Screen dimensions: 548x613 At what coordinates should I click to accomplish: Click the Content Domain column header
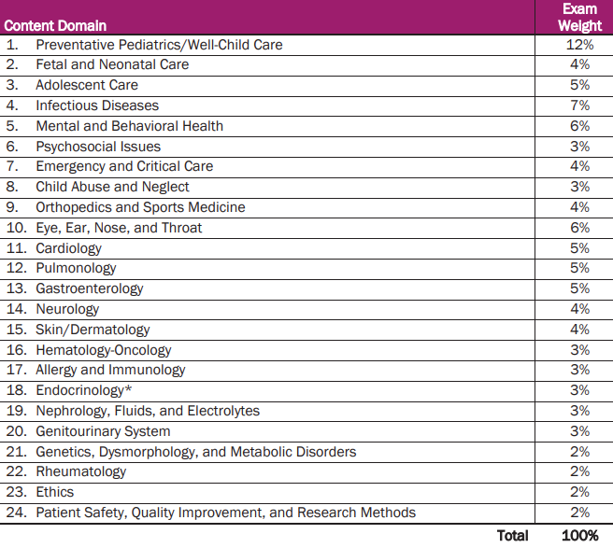pos(56,25)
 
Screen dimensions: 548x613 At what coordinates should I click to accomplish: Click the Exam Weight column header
pos(579,17)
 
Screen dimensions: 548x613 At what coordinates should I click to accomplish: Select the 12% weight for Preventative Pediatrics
pos(579,45)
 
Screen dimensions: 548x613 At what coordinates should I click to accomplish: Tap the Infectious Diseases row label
pos(97,105)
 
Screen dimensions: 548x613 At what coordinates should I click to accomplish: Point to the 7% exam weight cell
pos(579,105)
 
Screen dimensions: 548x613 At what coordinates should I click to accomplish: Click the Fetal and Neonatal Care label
pos(112,64)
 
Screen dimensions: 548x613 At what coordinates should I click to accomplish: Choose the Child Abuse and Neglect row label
pos(111,187)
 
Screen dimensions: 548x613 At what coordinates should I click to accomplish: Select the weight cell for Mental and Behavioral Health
pos(579,126)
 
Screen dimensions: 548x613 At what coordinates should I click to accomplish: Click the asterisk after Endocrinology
pos(127,388)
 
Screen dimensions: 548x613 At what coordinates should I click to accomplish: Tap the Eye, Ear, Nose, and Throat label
pos(119,228)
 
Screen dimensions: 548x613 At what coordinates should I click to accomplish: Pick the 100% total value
pos(579,536)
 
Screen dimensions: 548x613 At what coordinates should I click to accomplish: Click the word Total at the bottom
pos(512,536)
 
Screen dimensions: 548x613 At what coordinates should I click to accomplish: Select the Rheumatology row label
pos(81,471)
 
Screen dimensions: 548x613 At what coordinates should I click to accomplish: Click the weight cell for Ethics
pos(579,492)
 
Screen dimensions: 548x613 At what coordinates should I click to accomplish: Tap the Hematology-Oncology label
pos(104,350)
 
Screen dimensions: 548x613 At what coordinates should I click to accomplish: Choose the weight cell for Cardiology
pos(579,248)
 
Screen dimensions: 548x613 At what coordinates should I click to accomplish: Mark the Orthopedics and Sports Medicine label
pos(140,207)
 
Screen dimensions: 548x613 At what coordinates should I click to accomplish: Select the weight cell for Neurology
pos(579,309)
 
